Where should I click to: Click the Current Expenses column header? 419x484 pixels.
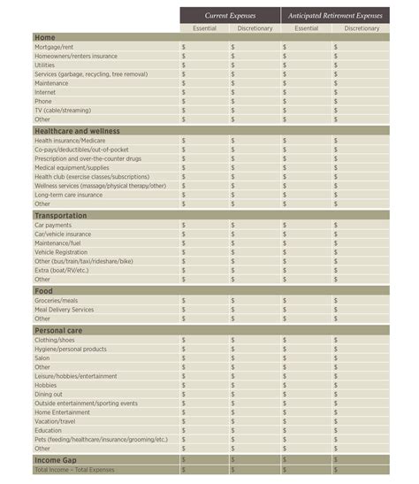coord(230,15)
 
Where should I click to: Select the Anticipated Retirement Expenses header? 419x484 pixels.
coord(335,15)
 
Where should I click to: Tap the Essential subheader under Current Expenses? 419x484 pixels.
coord(204,28)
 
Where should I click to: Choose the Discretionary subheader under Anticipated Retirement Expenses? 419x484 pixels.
coord(361,28)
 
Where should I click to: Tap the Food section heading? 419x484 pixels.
coord(43,291)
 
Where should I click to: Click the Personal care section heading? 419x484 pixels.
coord(58,330)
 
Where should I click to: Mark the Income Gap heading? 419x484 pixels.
coord(56,460)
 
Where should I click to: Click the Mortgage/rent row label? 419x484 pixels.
coord(54,47)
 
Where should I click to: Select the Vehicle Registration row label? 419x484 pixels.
coord(61,252)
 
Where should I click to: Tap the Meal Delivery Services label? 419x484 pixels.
coord(64,310)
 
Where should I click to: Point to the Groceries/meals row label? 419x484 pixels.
coord(56,301)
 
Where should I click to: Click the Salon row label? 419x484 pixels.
coord(42,358)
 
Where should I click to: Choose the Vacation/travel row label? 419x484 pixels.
coord(56,421)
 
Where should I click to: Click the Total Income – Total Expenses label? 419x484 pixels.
coord(75,470)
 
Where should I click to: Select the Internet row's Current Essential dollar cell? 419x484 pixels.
coord(204,92)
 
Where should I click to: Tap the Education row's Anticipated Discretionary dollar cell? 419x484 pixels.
coord(361,431)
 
